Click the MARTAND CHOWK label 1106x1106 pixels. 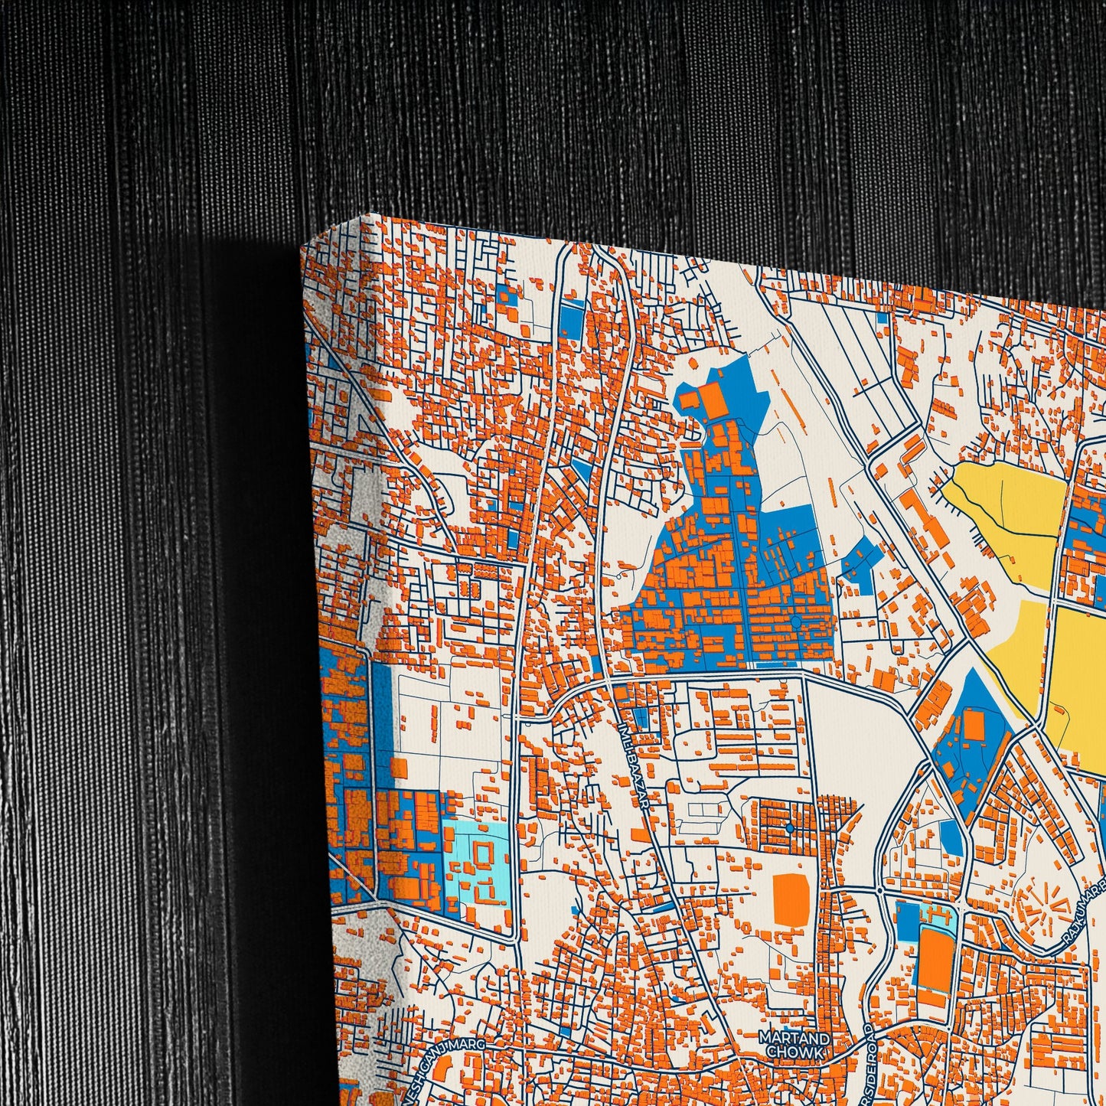click(783, 1045)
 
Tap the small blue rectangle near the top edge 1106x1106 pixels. click(571, 318)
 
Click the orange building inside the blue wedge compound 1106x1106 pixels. click(973, 724)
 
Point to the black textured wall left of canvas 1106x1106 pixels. click(153, 536)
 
